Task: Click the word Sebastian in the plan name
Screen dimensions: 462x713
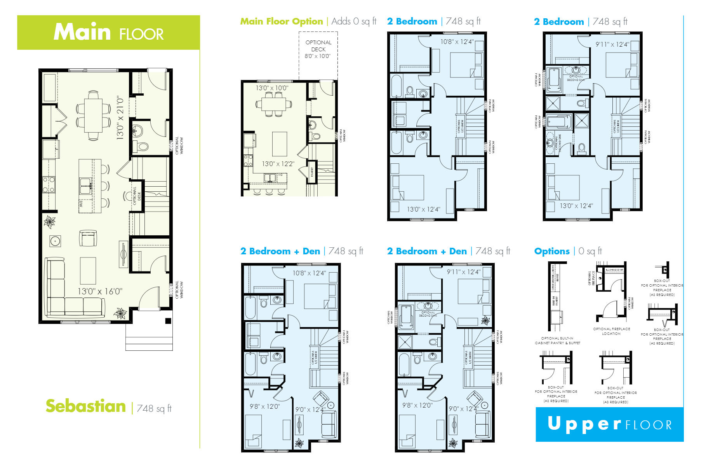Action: click(x=86, y=406)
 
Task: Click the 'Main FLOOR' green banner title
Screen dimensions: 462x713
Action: click(x=108, y=32)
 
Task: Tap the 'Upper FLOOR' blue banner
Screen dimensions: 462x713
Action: click(x=609, y=424)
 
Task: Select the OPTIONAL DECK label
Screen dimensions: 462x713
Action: click(x=318, y=49)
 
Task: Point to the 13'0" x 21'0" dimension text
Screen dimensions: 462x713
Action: click(x=120, y=118)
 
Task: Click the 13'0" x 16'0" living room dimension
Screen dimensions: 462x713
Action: click(x=100, y=291)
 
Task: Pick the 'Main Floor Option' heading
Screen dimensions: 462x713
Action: click(x=282, y=21)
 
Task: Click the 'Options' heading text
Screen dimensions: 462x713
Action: click(x=552, y=251)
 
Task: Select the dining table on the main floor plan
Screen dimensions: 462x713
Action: click(x=94, y=115)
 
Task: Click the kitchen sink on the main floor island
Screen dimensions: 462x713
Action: click(x=85, y=186)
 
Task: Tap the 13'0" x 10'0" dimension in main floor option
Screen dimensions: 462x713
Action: click(x=272, y=88)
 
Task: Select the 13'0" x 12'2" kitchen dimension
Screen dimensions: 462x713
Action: click(x=278, y=164)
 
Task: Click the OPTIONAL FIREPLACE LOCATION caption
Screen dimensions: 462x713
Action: click(x=611, y=331)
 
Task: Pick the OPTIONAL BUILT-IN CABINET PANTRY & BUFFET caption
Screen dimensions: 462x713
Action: click(x=557, y=341)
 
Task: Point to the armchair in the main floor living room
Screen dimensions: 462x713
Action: click(x=88, y=238)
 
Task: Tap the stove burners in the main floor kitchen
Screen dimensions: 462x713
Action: click(x=49, y=184)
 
